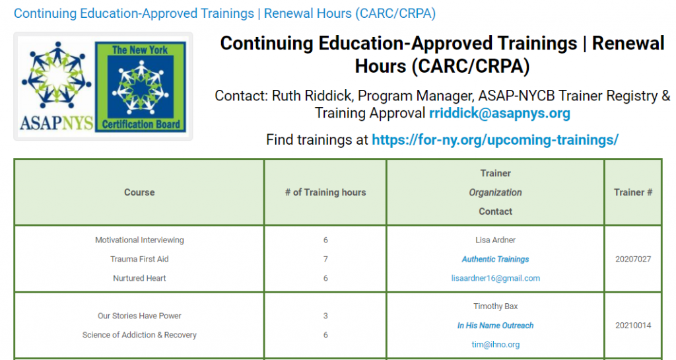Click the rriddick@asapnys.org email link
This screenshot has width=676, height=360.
tap(499, 114)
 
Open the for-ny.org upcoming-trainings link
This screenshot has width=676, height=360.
tap(495, 139)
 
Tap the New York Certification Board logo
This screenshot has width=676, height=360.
tap(140, 87)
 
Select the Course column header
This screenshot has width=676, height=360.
tap(139, 192)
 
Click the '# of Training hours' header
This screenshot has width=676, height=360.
tap(325, 192)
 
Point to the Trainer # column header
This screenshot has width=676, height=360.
tap(633, 192)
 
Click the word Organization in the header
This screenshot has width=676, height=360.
tap(495, 192)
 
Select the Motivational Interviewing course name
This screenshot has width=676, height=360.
tap(139, 240)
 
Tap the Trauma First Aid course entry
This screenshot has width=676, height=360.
tap(139, 259)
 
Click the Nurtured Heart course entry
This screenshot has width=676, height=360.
tap(139, 278)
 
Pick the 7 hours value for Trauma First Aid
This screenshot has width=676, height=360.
tap(325, 259)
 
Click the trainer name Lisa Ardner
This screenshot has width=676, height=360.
tap(495, 240)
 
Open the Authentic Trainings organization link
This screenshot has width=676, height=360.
tap(495, 259)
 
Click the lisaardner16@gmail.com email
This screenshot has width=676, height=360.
tap(495, 278)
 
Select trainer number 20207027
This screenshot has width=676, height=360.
tap(633, 259)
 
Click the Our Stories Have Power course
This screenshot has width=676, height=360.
tap(139, 316)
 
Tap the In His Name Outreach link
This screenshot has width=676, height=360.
tap(495, 326)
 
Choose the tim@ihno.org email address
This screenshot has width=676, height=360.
tap(495, 345)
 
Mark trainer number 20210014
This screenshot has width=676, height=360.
tap(633, 326)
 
